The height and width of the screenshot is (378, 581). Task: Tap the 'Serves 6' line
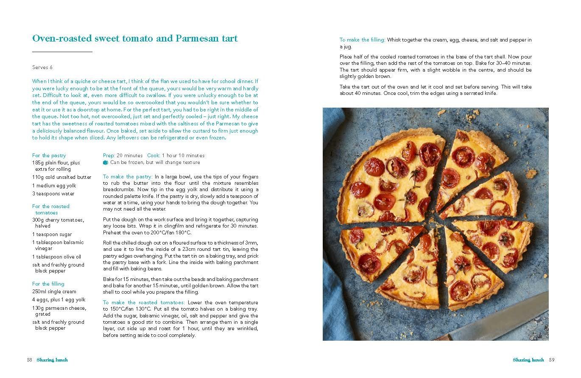pyautogui.click(x=42, y=67)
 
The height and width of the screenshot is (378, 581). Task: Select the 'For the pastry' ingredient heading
pyautogui.click(x=49, y=156)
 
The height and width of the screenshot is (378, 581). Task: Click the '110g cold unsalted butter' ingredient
pyautogui.click(x=61, y=177)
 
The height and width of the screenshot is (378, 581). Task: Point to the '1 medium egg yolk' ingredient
pyautogui.click(x=54, y=186)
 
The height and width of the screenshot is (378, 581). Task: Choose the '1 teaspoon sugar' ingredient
pyautogui.click(x=52, y=234)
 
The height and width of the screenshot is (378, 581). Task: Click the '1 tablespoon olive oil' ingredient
pyautogui.click(x=56, y=257)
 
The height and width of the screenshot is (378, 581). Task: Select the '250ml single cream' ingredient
pyautogui.click(x=54, y=292)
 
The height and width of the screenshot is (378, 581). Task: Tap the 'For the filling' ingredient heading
pyautogui.click(x=48, y=284)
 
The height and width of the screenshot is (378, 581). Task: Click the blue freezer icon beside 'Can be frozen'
pyautogui.click(x=106, y=162)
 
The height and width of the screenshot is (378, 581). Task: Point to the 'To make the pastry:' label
pyautogui.click(x=128, y=177)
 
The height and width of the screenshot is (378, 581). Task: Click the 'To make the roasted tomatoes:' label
pyautogui.click(x=144, y=303)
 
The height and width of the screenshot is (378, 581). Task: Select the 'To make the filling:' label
pyautogui.click(x=362, y=40)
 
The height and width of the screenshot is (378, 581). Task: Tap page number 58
pyautogui.click(x=29, y=360)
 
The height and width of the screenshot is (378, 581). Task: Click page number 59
pyautogui.click(x=552, y=360)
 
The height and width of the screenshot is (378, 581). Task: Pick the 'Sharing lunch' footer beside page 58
pyautogui.click(x=52, y=360)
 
